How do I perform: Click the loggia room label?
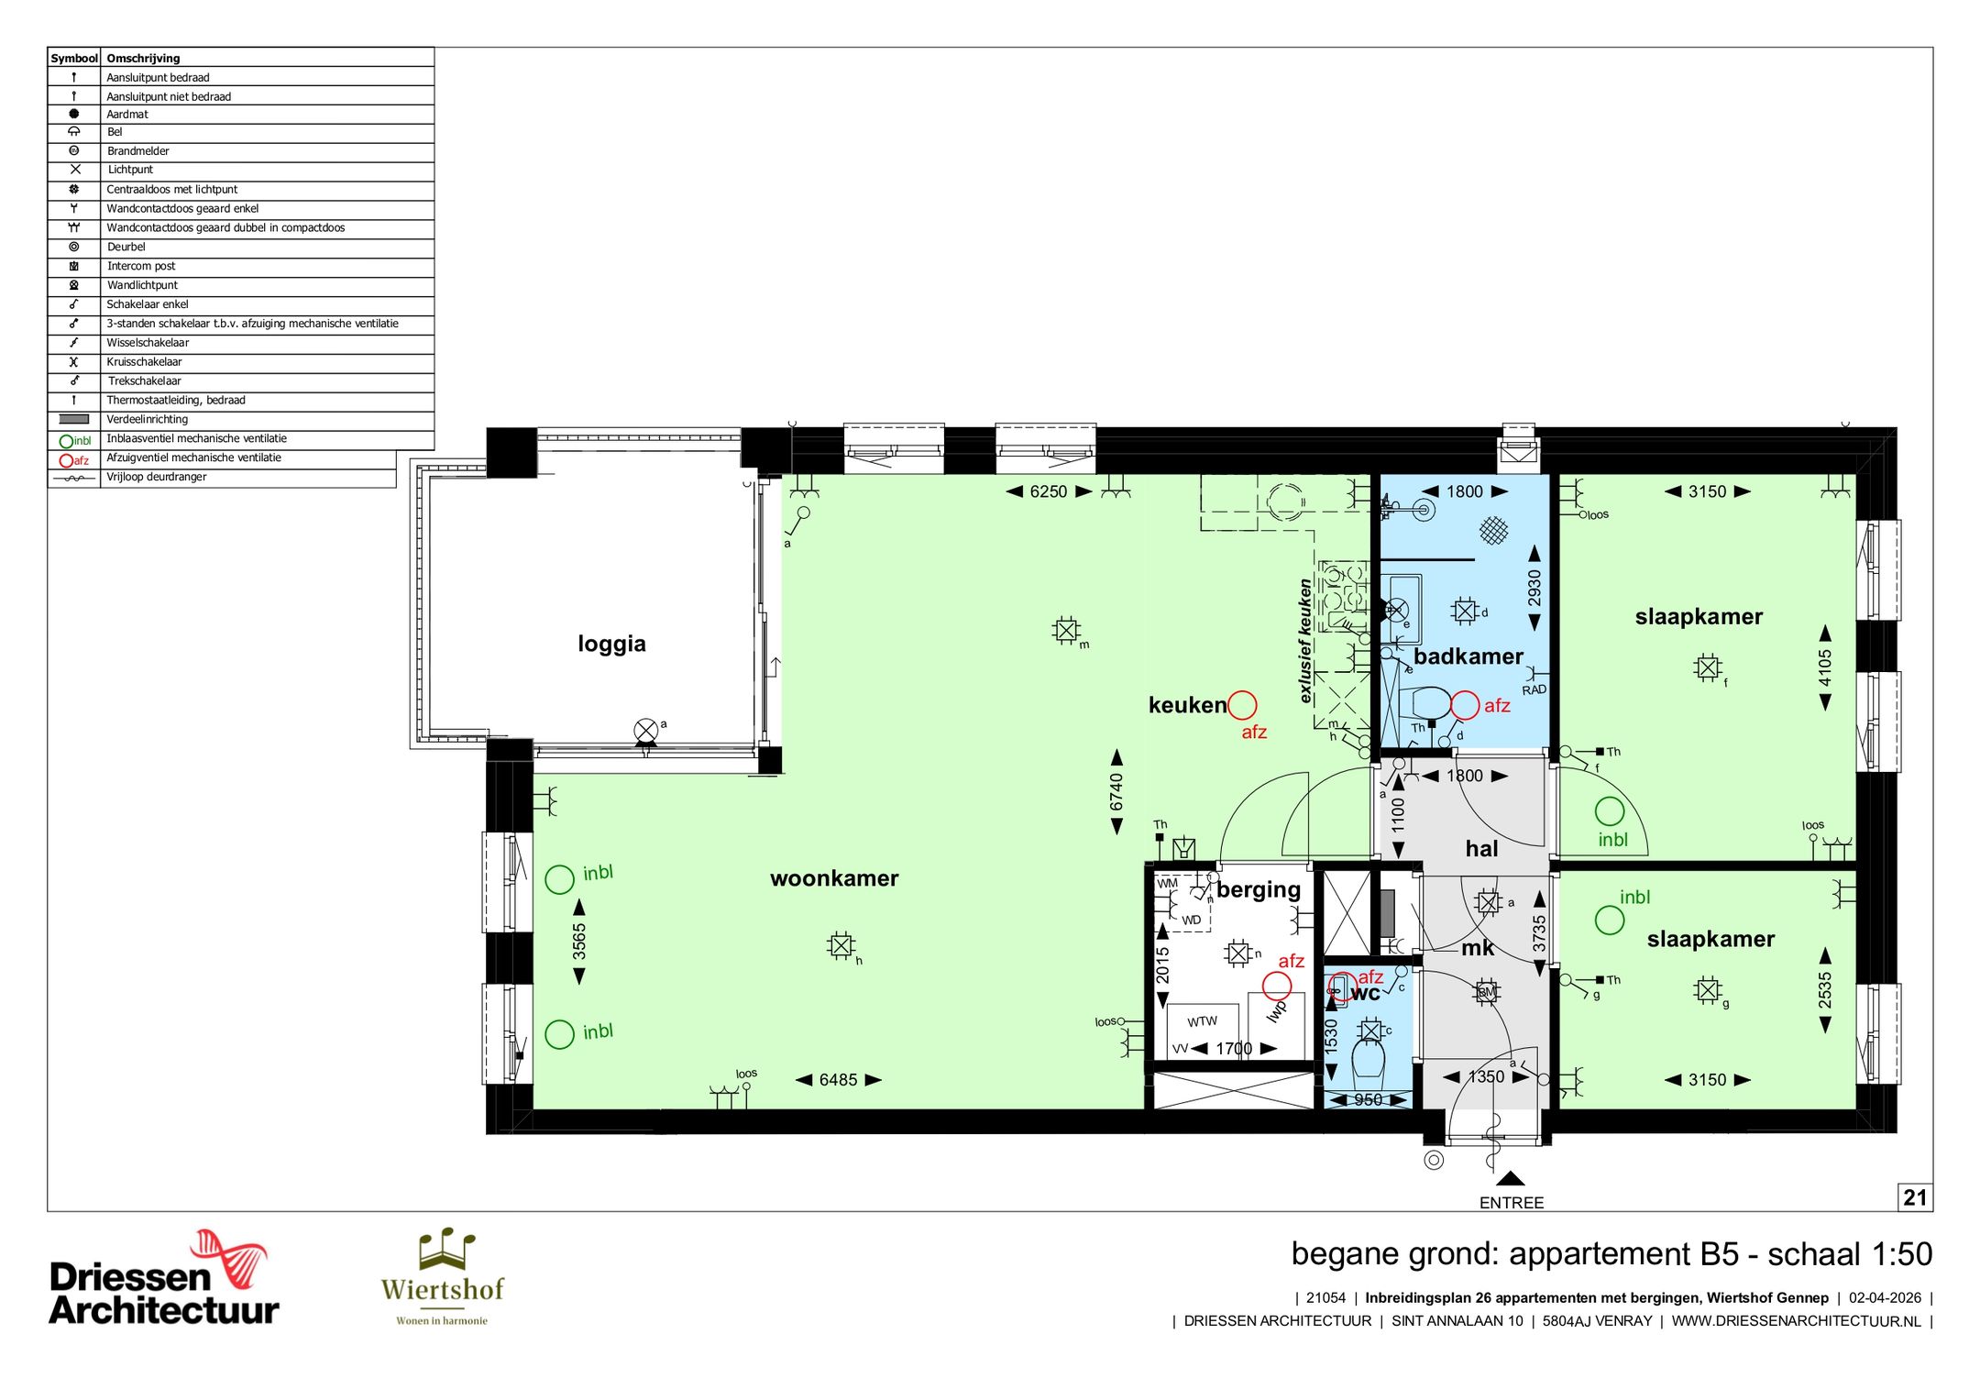click(611, 644)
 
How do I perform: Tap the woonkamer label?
click(834, 878)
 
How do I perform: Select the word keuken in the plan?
click(1187, 705)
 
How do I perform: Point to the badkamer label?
click(1468, 656)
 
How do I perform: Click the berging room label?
click(1259, 890)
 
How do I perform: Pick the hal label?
click(1481, 849)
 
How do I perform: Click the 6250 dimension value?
click(1049, 491)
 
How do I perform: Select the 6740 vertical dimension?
click(1116, 792)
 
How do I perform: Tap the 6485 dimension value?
click(838, 1080)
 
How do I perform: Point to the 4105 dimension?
click(1825, 667)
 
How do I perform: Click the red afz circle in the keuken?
click(1242, 705)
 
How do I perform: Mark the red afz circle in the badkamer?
click(1465, 705)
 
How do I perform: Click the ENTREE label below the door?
click(1512, 1203)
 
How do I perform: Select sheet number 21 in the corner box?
click(1915, 1197)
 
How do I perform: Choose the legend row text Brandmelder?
click(137, 151)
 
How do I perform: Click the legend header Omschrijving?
click(143, 58)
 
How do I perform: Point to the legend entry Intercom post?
click(141, 266)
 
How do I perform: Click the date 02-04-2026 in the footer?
click(1885, 1298)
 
